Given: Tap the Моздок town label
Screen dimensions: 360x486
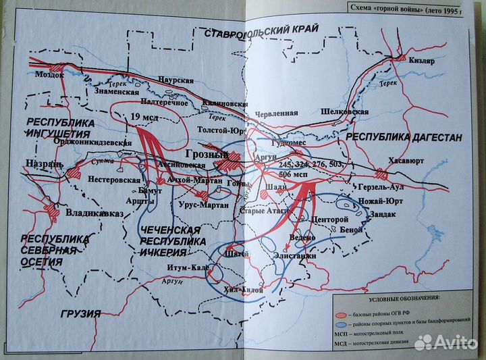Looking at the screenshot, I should [49, 75].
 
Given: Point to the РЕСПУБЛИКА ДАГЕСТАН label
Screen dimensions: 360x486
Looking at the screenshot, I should [404, 137].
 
